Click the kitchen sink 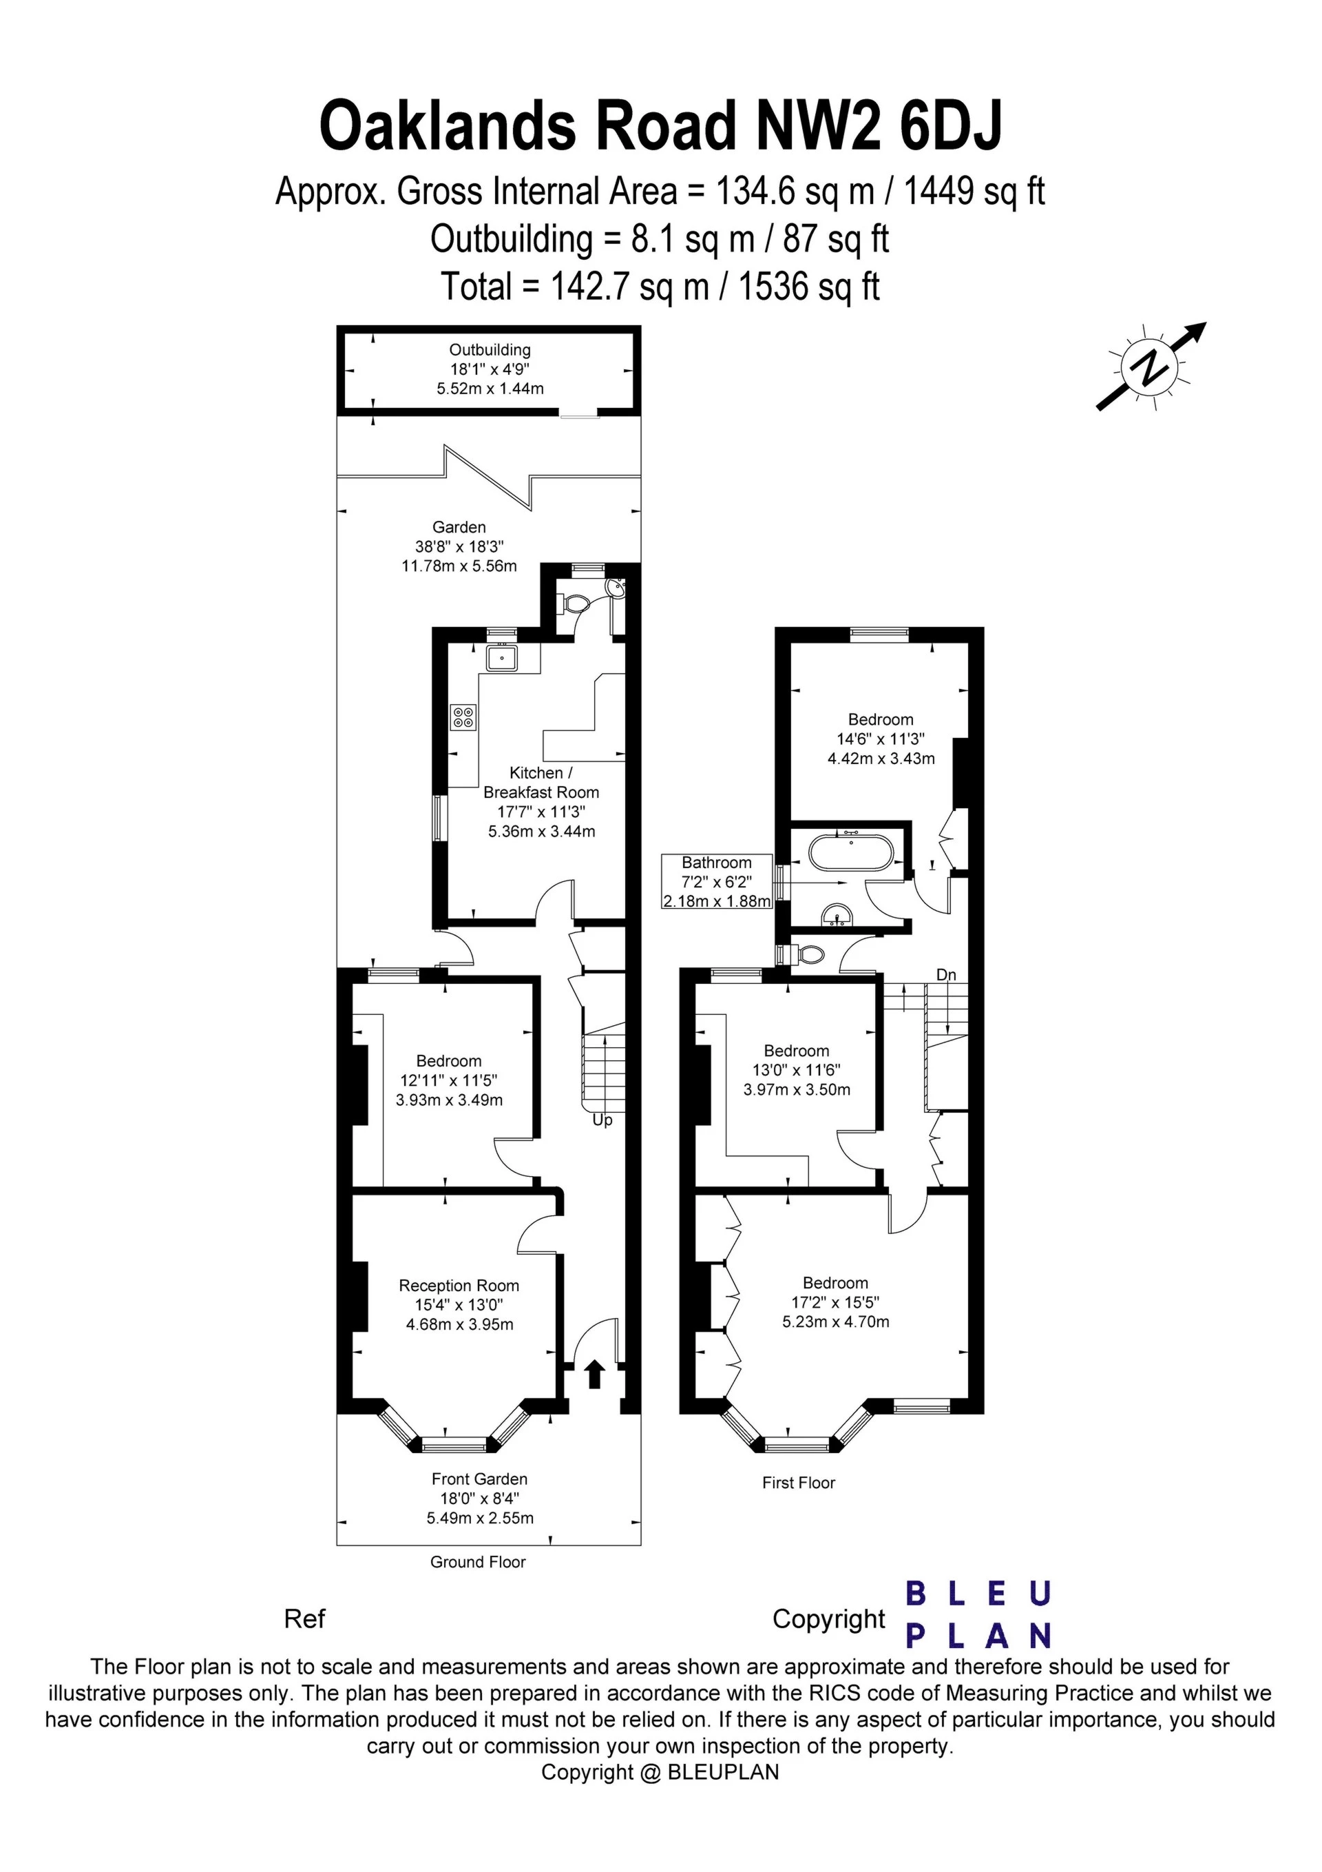point(502,657)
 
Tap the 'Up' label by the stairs point(602,1120)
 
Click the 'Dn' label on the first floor point(945,975)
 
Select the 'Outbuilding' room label point(490,350)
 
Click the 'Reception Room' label point(459,1286)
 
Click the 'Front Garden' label point(479,1479)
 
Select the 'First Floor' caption point(799,1483)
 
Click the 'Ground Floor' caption point(479,1562)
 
